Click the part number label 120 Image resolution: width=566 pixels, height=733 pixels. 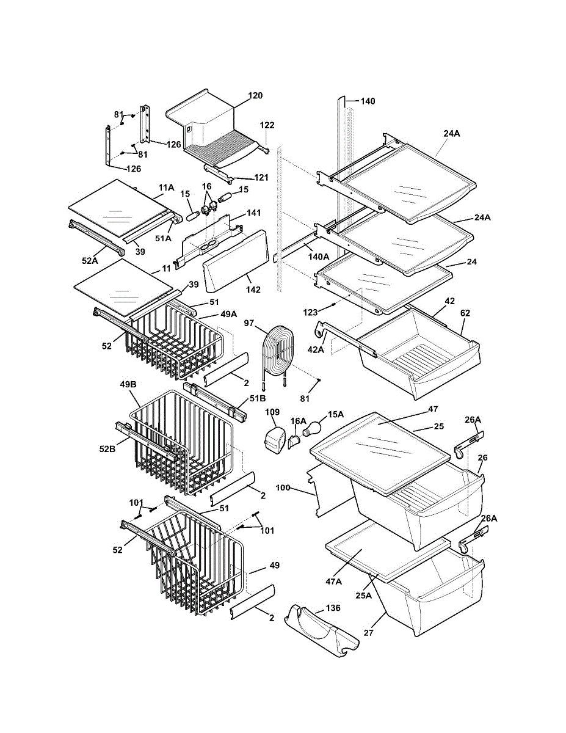pyautogui.click(x=255, y=95)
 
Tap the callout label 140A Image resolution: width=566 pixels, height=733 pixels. pyautogui.click(x=319, y=257)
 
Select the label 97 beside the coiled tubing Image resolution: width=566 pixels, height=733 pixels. pyautogui.click(x=249, y=323)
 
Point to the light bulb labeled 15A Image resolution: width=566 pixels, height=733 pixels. pyautogui.click(x=312, y=429)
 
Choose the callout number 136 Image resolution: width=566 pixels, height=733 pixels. pyautogui.click(x=333, y=608)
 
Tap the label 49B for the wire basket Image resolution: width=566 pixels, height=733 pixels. pyautogui.click(x=128, y=384)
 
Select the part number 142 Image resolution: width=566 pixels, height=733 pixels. pyautogui.click(x=253, y=290)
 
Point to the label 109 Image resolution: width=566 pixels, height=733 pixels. pyautogui.click(x=272, y=412)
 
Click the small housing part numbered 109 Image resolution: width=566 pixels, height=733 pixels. pyautogui.click(x=275, y=441)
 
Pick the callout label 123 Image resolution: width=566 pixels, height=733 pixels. pyautogui.click(x=310, y=312)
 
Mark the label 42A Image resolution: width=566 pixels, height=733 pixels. pyautogui.click(x=316, y=350)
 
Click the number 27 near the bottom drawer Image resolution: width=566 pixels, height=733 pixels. pyautogui.click(x=368, y=632)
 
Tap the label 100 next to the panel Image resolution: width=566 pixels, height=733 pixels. pyautogui.click(x=283, y=487)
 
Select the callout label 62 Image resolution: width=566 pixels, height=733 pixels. pyautogui.click(x=465, y=313)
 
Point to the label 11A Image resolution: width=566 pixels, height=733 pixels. pyautogui.click(x=166, y=188)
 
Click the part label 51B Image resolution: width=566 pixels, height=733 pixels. pyautogui.click(x=258, y=398)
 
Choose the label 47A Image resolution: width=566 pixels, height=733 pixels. pyautogui.click(x=333, y=581)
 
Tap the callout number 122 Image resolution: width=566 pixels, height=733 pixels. pyautogui.click(x=267, y=125)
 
